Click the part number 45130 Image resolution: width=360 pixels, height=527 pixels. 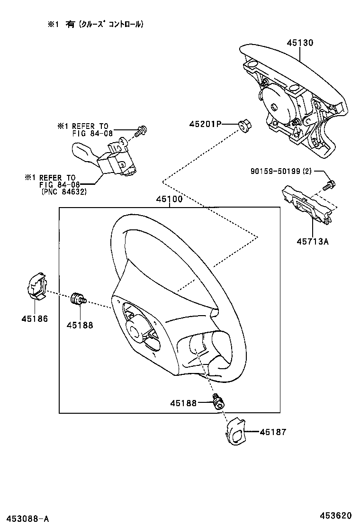coord(299,43)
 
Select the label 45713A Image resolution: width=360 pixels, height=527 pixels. coord(312,241)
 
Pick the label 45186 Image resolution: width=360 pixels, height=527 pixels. coord(34,318)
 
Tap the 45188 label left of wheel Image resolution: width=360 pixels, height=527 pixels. coord(80,325)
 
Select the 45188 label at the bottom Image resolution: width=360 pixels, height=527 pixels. coord(184,403)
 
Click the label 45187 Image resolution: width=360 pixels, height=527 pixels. coord(273,432)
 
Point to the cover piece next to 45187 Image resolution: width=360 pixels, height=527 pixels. coord(235,431)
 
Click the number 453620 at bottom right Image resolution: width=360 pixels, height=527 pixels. coord(334,515)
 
